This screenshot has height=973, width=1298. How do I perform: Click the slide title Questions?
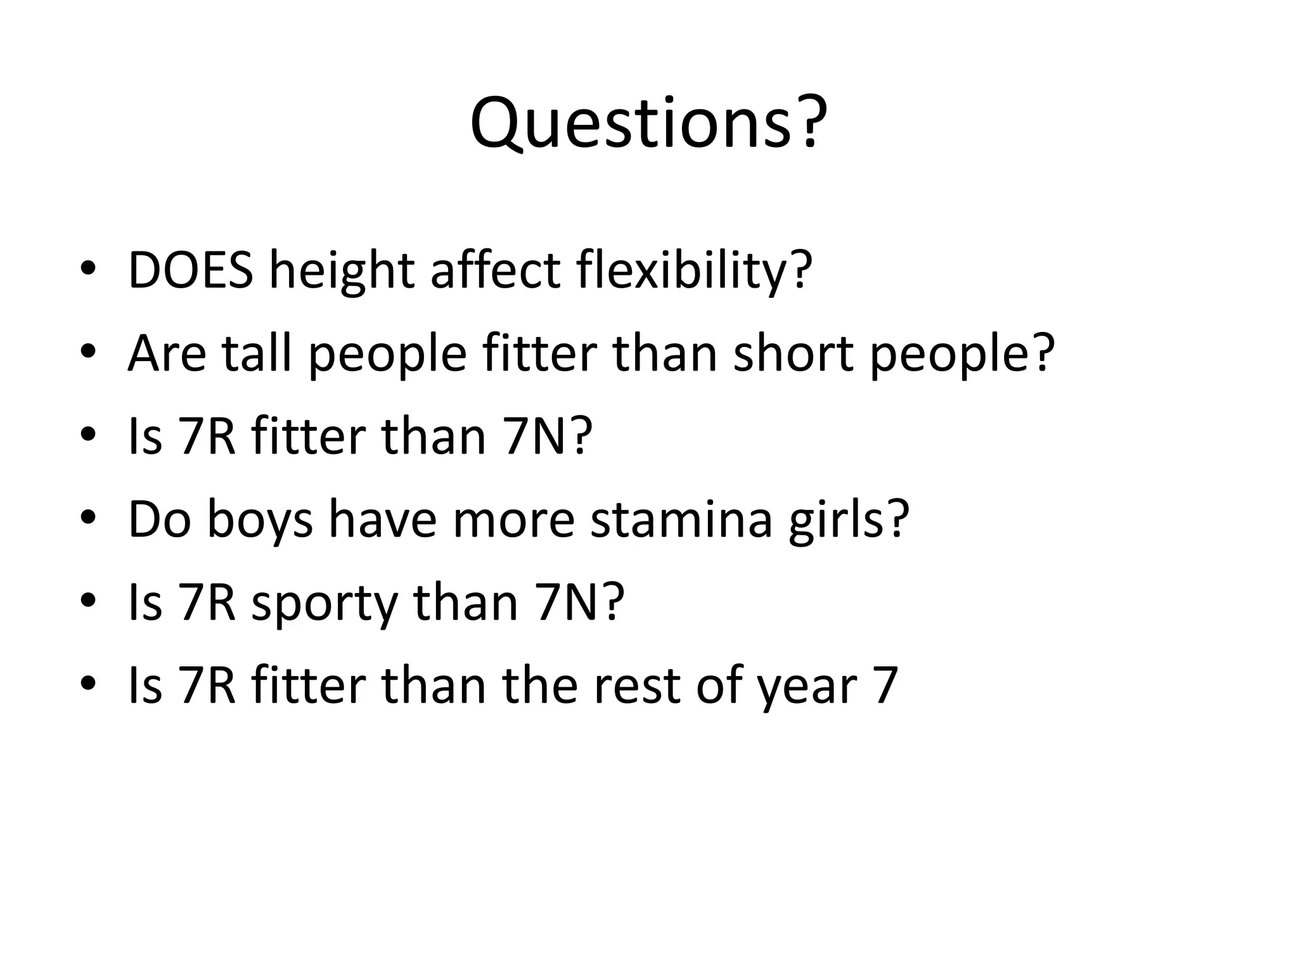[x=648, y=124]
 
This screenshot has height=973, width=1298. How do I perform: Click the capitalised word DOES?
[x=191, y=270]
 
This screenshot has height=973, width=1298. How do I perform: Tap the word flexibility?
[x=694, y=270]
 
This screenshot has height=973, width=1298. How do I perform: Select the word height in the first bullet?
[x=342, y=270]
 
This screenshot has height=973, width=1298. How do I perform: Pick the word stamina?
[x=681, y=520]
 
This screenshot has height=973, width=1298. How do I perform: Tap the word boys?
[x=260, y=520]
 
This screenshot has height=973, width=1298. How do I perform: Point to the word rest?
[x=638, y=686]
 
